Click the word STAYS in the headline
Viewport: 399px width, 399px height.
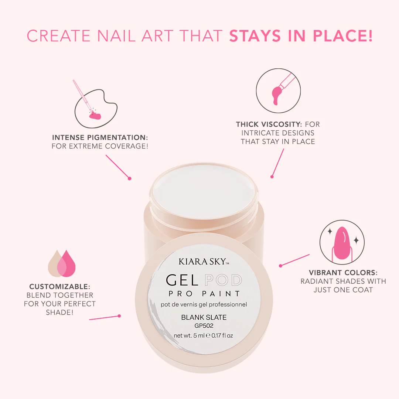(255, 35)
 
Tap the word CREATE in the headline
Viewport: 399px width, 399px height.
(59, 35)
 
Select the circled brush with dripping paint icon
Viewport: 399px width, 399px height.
(278, 91)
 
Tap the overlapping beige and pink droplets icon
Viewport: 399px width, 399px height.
(62, 263)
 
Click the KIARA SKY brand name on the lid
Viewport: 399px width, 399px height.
(204, 262)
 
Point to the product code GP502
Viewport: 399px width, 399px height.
(204, 326)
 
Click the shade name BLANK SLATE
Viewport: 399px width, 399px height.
(204, 317)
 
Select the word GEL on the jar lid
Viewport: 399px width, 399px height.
(182, 280)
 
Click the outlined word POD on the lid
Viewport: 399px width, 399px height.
(223, 280)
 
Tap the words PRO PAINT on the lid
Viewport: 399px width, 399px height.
(204, 294)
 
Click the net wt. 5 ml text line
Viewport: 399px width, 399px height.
(203, 335)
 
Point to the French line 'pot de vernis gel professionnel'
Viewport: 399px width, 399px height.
(204, 304)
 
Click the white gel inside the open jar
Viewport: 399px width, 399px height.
(204, 191)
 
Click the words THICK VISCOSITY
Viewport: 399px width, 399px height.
(269, 124)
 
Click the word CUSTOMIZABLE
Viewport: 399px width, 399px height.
(59, 287)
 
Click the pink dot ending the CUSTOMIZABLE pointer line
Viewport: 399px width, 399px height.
(119, 316)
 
